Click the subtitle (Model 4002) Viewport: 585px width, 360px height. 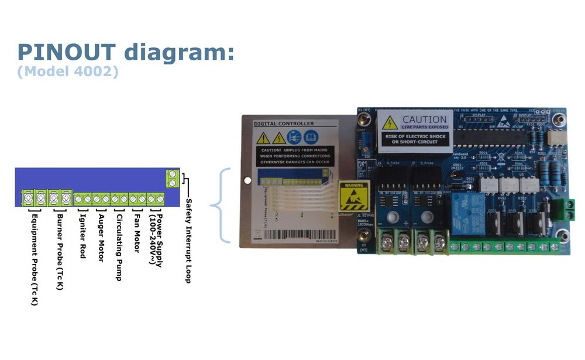(x=68, y=72)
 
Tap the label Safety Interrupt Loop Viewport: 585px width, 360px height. (x=188, y=240)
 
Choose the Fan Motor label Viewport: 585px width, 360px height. (x=137, y=232)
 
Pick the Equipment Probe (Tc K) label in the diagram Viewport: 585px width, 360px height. (x=35, y=258)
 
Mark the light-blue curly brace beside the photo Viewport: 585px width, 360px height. (x=221, y=205)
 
